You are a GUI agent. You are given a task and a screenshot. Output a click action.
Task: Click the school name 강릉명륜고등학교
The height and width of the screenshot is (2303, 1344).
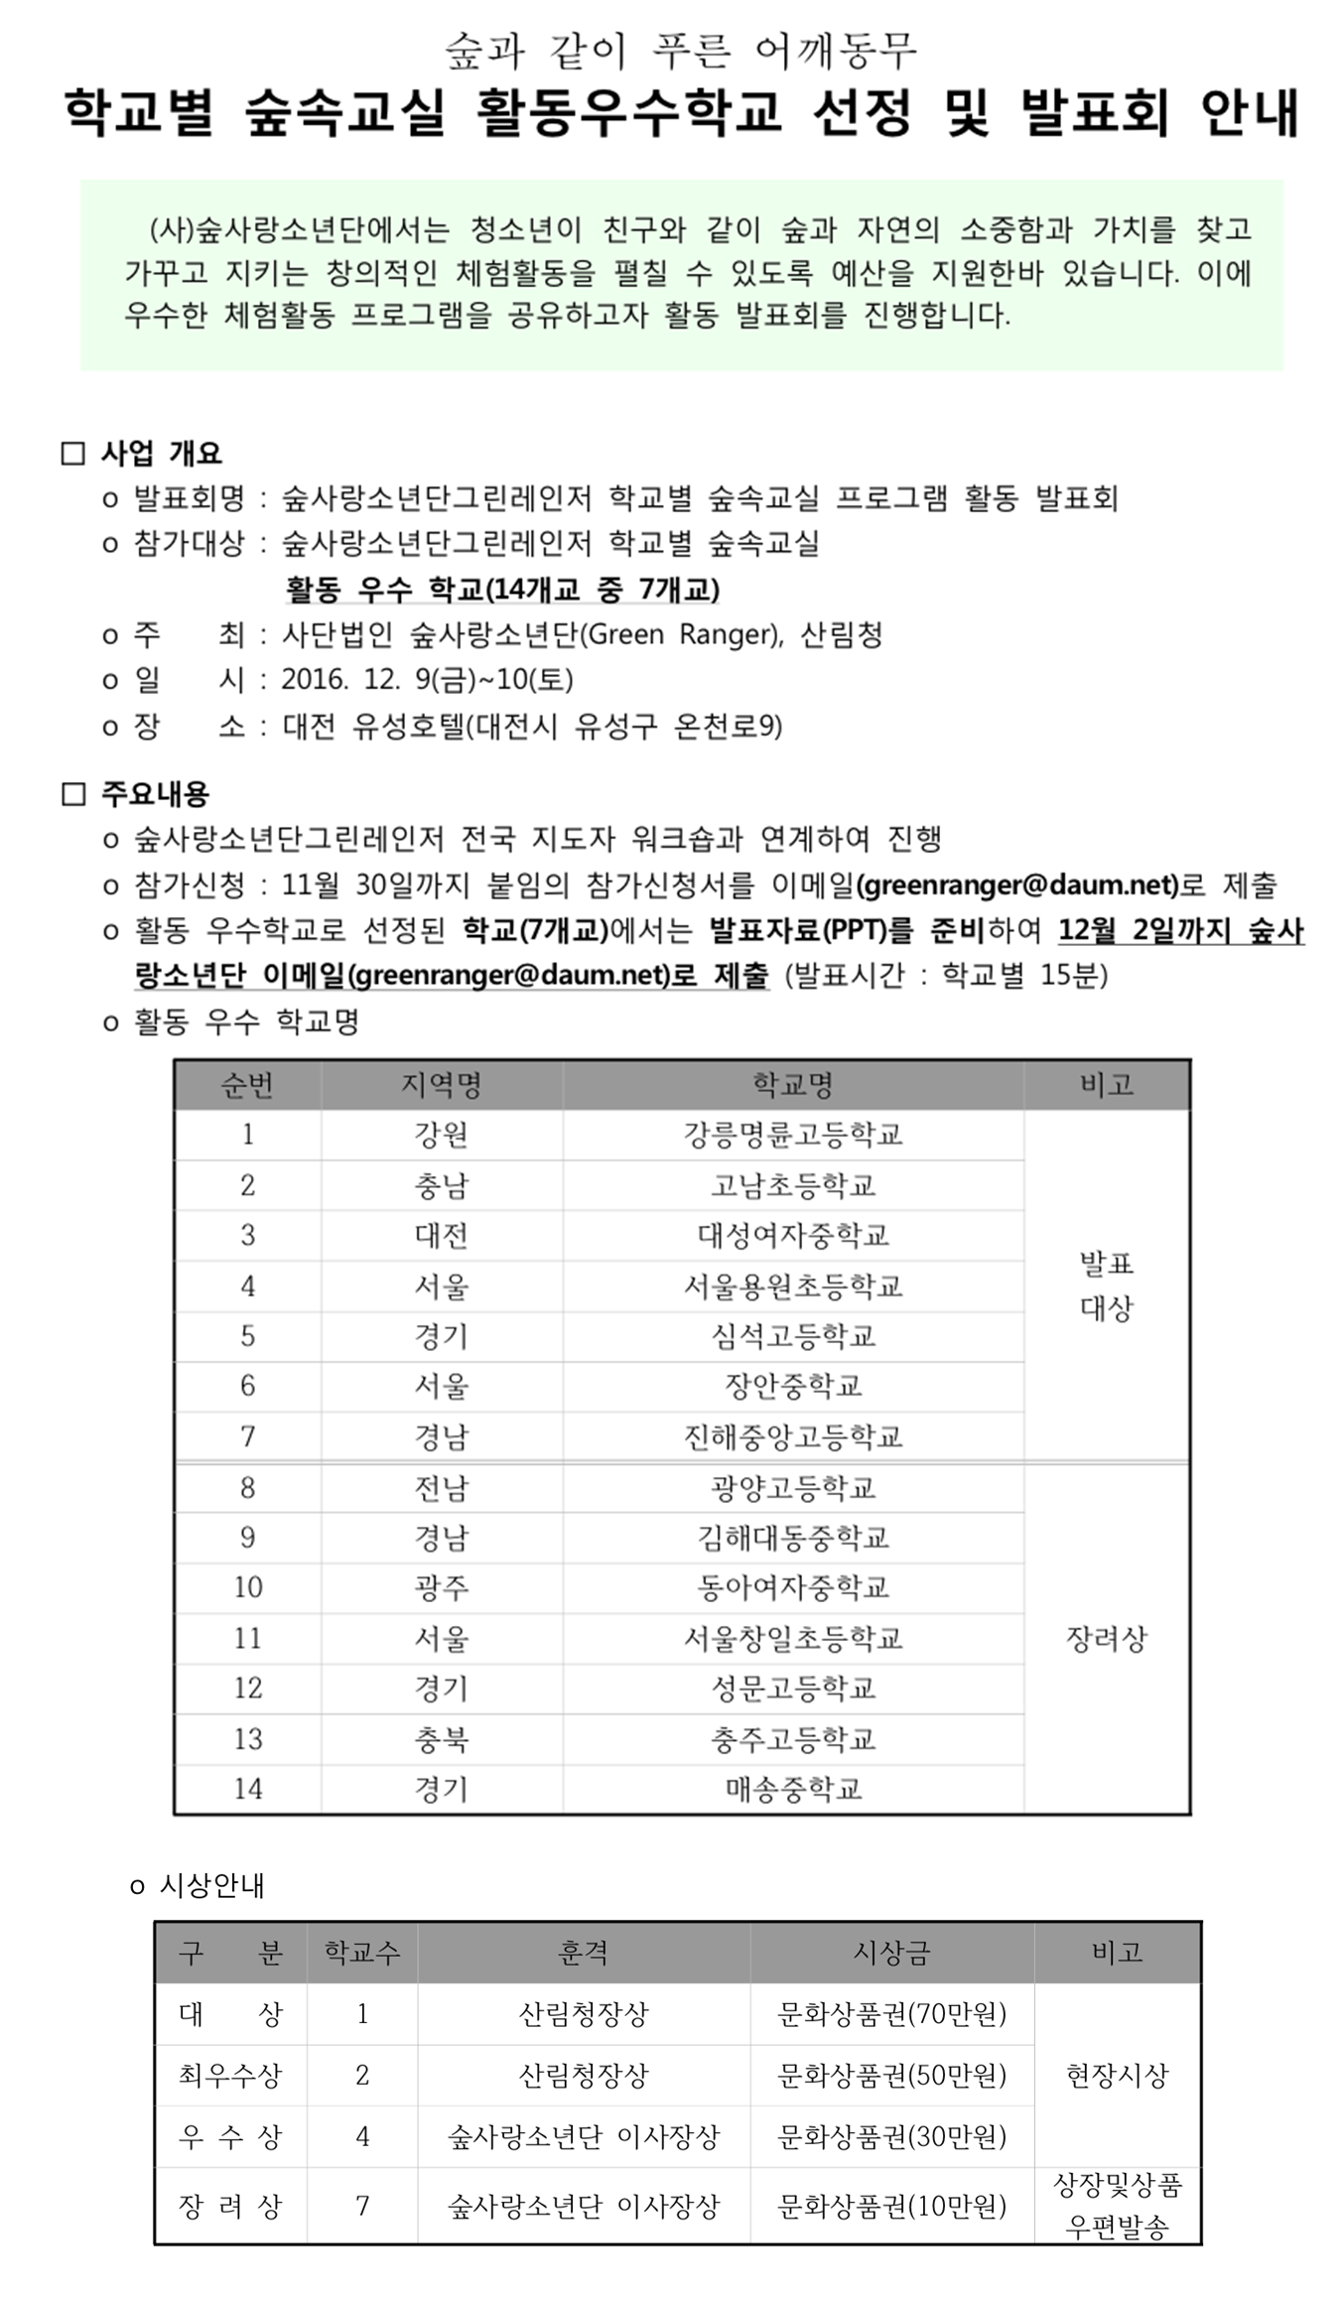[x=792, y=1135]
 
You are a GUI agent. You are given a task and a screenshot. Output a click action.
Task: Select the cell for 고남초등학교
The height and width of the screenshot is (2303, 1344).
[x=792, y=1185]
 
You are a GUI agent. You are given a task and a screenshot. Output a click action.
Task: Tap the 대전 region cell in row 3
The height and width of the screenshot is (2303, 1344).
[x=442, y=1236]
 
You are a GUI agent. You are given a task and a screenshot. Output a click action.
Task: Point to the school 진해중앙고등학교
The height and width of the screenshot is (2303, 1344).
[x=792, y=1436]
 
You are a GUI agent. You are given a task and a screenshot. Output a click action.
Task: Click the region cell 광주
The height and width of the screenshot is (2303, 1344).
[x=442, y=1587]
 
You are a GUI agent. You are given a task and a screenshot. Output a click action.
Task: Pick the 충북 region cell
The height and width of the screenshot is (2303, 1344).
[x=442, y=1739]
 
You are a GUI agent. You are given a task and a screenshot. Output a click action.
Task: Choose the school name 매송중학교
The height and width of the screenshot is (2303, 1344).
[x=792, y=1789]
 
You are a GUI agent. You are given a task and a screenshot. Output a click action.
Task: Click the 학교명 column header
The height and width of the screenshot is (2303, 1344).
[x=792, y=1085]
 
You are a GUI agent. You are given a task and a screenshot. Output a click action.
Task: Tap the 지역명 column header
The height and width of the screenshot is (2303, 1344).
[x=442, y=1085]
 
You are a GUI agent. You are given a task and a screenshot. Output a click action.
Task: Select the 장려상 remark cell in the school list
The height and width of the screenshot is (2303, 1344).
[x=1106, y=1638]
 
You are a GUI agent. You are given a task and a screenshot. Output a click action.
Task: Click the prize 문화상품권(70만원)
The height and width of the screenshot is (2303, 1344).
[x=891, y=2014]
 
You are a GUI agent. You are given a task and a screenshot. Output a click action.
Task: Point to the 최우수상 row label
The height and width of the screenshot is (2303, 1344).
[x=230, y=2075]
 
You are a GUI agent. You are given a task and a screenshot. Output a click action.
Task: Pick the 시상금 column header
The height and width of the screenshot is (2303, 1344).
[x=891, y=1953]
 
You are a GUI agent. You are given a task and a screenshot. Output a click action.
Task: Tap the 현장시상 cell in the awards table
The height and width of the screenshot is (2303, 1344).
[x=1117, y=2075]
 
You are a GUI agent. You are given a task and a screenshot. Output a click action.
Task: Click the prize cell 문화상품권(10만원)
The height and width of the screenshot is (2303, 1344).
[x=891, y=2206]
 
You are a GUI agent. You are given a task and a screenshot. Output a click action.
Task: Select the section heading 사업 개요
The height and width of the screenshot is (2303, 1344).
[x=161, y=454]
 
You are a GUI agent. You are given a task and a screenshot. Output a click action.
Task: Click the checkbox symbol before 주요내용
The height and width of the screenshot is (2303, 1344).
[x=73, y=795]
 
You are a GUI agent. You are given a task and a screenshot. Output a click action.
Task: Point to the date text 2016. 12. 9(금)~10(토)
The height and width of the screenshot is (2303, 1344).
[x=427, y=680]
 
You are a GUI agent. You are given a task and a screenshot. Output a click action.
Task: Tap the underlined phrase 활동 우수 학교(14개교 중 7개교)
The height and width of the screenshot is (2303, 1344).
[x=502, y=590]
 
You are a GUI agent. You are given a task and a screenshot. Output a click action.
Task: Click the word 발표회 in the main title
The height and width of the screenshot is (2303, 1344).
[x=1095, y=112]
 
